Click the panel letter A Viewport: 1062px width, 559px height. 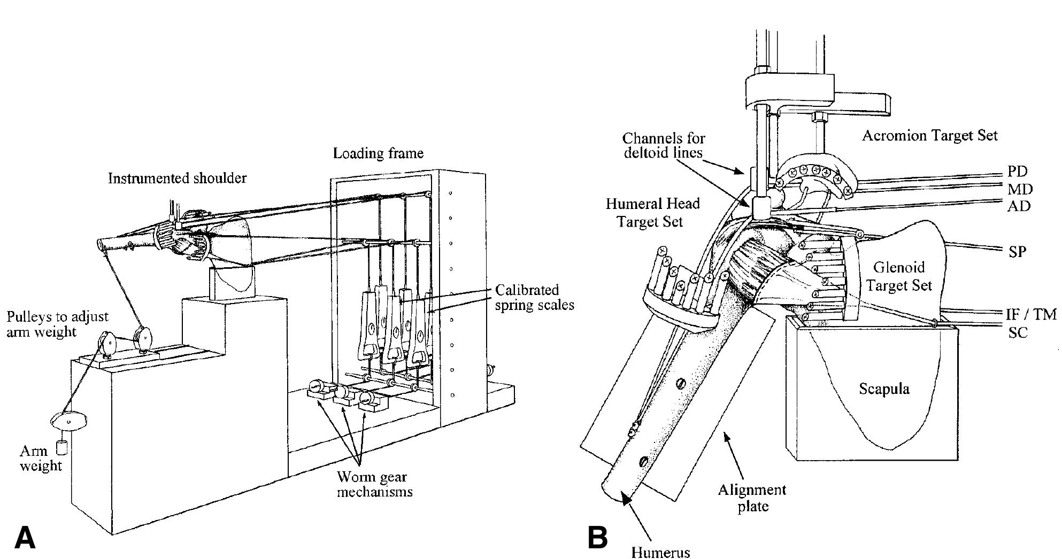click(x=25, y=537)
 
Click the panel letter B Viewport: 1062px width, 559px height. click(x=598, y=537)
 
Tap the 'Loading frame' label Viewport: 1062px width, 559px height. click(x=378, y=153)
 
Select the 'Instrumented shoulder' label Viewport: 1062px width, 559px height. click(x=177, y=178)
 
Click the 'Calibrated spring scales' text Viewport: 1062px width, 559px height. click(x=534, y=298)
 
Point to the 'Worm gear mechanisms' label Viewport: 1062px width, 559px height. click(x=374, y=484)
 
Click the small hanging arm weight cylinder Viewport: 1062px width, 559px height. click(x=61, y=447)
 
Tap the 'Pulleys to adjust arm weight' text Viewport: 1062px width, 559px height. click(x=58, y=324)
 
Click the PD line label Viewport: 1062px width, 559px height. click(x=1017, y=172)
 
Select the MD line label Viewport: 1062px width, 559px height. click(x=1020, y=189)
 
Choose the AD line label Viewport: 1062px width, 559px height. click(x=1018, y=206)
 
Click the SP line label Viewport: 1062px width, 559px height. click(x=1017, y=251)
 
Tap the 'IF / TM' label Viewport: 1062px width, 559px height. click(x=1030, y=314)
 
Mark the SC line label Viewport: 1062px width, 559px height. click(x=1018, y=332)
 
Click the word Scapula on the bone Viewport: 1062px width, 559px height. click(x=884, y=389)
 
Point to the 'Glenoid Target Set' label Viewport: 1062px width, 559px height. click(x=899, y=276)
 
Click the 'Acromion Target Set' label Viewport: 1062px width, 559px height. click(x=929, y=136)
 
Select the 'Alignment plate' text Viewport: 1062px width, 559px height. click(x=752, y=497)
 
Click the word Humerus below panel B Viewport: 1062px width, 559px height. click(x=660, y=552)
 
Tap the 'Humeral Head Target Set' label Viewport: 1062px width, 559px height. click(x=652, y=212)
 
